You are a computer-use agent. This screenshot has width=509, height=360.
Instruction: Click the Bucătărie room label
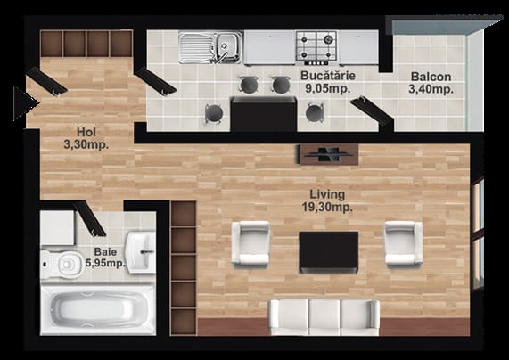pos(328,82)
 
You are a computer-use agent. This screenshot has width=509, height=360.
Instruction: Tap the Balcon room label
pos(431,83)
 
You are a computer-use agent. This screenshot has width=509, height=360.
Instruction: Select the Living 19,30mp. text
pos(327,200)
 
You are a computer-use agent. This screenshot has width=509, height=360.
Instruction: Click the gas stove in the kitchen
pos(316,46)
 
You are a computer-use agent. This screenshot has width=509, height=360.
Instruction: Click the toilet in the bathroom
pos(62,264)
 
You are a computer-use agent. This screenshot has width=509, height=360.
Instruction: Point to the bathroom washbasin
pos(141,252)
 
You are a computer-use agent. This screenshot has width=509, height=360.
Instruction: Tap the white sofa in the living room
pos(325,317)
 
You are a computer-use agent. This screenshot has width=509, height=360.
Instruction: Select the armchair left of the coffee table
pos(250,242)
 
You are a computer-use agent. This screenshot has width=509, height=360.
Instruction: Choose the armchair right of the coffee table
pos(404,242)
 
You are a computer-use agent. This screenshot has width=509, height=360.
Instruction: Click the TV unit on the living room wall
pos(328,154)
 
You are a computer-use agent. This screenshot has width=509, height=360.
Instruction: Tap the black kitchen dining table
pos(264,114)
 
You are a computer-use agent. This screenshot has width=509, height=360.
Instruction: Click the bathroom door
pos(90,218)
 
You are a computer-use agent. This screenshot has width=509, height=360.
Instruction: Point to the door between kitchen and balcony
pos(372,110)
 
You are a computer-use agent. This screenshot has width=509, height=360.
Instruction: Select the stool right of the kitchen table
pos(315,113)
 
